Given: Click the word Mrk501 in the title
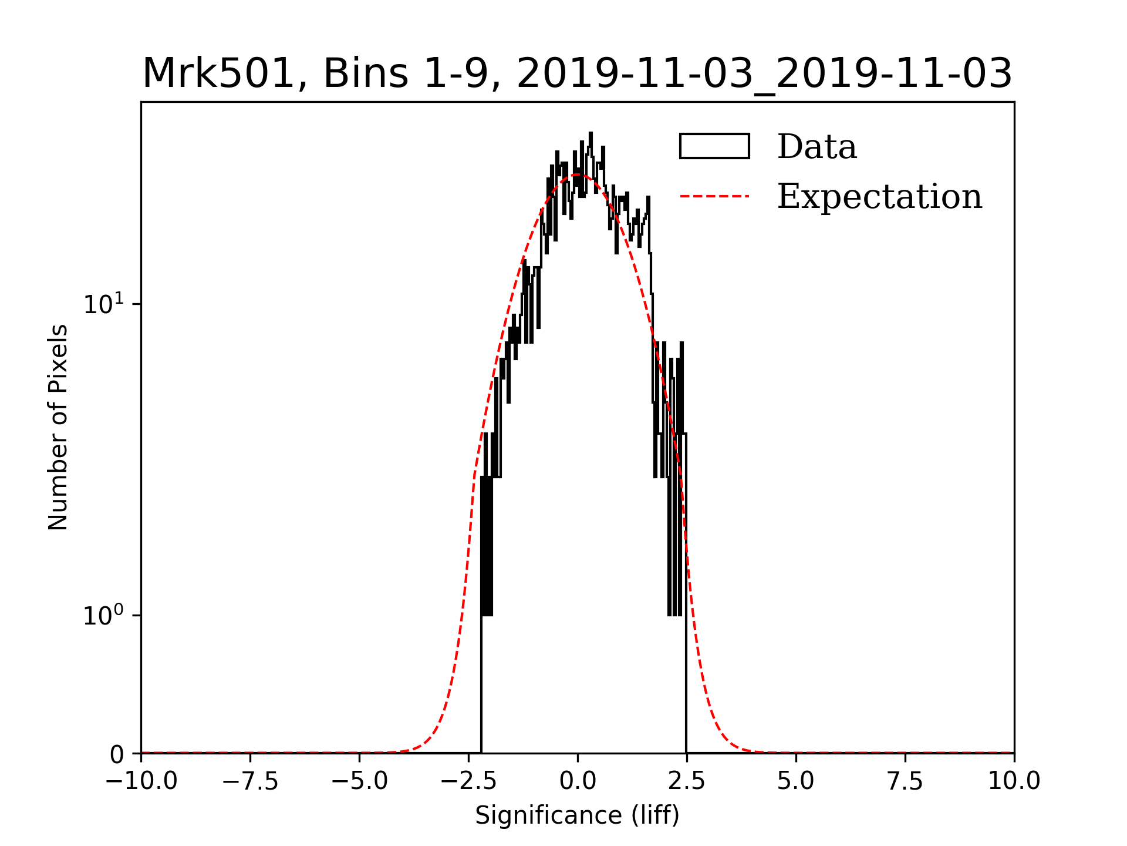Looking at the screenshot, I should (218, 74).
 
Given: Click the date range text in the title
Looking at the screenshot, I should (764, 74).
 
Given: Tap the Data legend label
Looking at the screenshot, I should (816, 147).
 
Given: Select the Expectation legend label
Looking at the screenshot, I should (879, 196).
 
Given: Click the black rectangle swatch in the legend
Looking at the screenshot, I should (714, 146).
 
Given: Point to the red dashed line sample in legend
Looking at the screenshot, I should (714, 196).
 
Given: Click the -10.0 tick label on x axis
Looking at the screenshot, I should (141, 781).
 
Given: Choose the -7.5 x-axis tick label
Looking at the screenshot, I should (251, 781).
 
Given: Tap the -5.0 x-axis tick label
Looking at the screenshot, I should (360, 781).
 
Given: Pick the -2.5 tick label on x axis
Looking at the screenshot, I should (469, 781).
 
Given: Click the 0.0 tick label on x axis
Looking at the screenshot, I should (578, 781).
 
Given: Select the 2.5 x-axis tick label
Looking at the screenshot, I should (687, 781).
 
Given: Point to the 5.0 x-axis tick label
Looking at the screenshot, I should (796, 781).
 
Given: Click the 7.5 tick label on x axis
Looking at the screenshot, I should (905, 781).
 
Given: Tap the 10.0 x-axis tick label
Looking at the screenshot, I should (1014, 781).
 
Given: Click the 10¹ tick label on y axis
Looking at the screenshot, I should (104, 304).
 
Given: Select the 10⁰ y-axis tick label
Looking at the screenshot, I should (104, 615).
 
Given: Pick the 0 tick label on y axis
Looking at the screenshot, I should (117, 754).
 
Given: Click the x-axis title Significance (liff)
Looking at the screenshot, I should (577, 815).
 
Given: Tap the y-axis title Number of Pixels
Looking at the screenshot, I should (58, 427).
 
